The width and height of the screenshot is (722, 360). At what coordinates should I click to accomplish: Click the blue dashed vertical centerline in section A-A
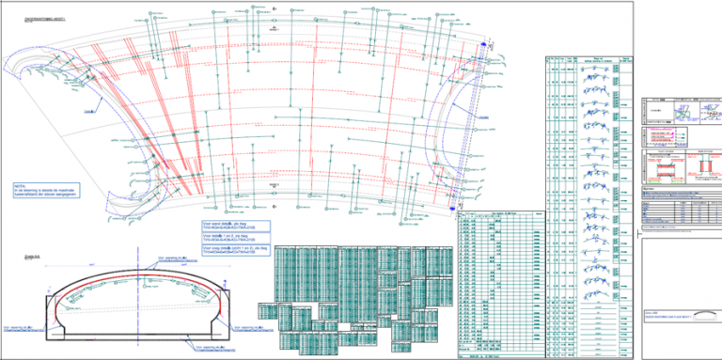pyautogui.click(x=138, y=282)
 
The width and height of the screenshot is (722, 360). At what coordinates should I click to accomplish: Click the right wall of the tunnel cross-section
pyautogui.click(x=228, y=310)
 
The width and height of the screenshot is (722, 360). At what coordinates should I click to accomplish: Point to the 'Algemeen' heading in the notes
pyautogui.click(x=649, y=187)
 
